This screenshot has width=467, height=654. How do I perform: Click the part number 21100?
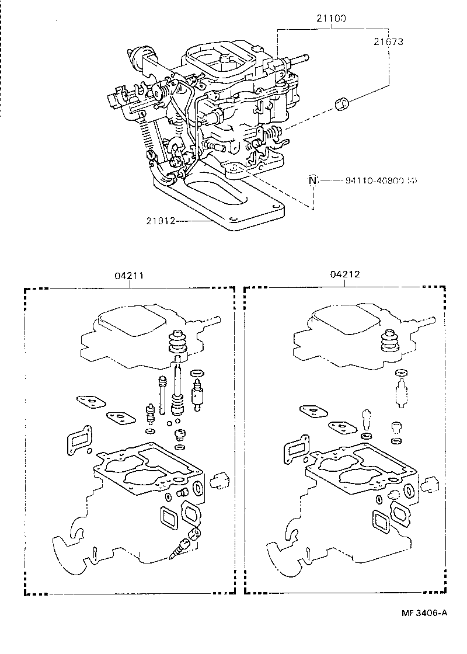(331, 19)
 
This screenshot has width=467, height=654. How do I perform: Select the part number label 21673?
(389, 41)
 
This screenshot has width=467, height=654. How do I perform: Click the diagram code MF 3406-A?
(424, 613)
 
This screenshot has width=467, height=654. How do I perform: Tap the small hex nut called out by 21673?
(341, 105)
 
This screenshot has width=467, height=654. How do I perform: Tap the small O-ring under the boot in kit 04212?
(400, 373)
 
